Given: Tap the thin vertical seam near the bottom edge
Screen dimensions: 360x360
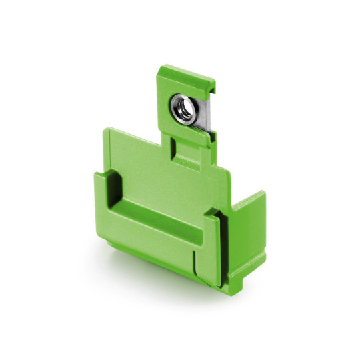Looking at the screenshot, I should [x=194, y=267].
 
